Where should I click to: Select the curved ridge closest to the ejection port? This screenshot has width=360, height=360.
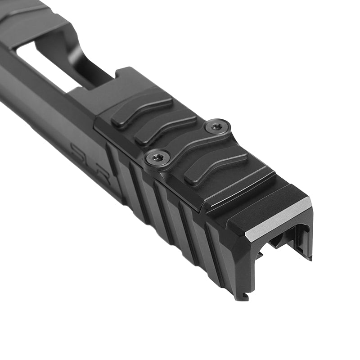point(141,110)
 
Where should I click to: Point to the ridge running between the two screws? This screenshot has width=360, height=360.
point(189,144)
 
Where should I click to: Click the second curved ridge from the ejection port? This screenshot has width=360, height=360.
point(165,128)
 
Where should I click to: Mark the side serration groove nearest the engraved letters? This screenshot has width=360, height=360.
point(115,166)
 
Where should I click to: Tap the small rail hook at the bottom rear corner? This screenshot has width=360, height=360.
point(243,296)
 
